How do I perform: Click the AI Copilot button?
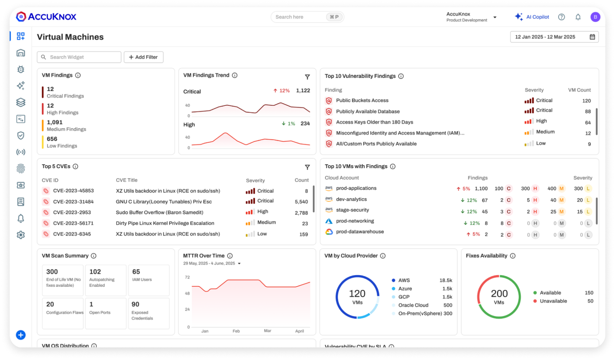(x=532, y=17)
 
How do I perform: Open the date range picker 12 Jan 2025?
(x=554, y=37)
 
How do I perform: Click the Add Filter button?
(x=144, y=57)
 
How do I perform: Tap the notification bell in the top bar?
(x=578, y=17)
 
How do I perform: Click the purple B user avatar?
(x=595, y=17)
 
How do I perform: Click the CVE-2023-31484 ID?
(x=73, y=202)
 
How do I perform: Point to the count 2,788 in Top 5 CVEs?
(x=301, y=213)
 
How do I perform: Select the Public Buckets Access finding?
(x=362, y=101)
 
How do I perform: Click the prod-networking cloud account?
(x=355, y=221)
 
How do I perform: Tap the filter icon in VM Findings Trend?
(x=307, y=77)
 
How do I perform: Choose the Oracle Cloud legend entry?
(x=413, y=305)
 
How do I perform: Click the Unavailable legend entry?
(x=553, y=301)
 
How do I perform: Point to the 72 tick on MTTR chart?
(x=187, y=277)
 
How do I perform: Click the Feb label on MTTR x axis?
(x=236, y=331)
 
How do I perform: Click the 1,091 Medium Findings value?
(x=55, y=123)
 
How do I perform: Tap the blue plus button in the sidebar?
(x=21, y=335)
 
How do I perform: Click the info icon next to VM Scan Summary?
(x=93, y=256)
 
